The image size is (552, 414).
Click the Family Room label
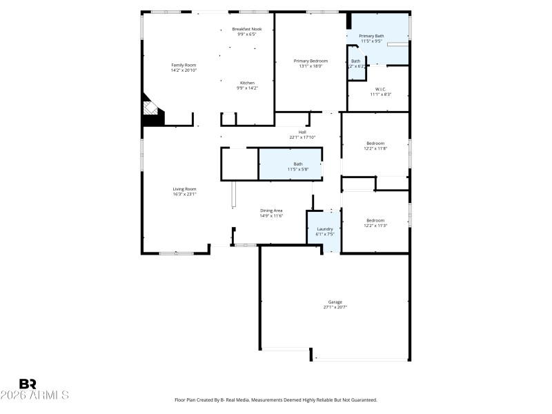(x=179, y=65)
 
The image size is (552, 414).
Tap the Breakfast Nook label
(x=246, y=29)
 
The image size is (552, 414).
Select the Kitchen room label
(x=246, y=83)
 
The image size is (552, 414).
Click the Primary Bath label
(x=372, y=36)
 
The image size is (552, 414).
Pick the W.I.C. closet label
(x=380, y=89)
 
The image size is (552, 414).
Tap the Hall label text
(x=302, y=132)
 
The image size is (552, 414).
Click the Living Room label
(x=184, y=189)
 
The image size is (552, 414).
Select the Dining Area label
(x=271, y=211)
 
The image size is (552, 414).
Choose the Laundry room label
(x=324, y=229)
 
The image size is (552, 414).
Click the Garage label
(x=335, y=302)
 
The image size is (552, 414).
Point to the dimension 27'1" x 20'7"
(x=335, y=307)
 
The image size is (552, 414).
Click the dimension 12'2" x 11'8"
(x=375, y=148)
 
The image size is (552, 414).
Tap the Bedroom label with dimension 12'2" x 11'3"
(x=375, y=220)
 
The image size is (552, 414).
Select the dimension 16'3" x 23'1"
(x=184, y=195)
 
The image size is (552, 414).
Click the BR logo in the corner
(x=28, y=383)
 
